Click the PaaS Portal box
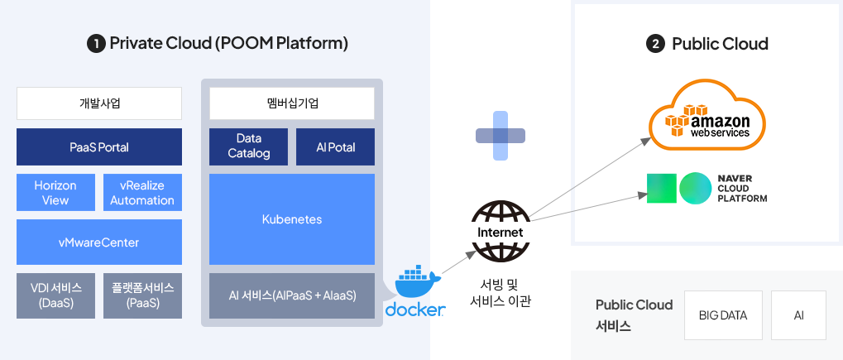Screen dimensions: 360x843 pos(99,147)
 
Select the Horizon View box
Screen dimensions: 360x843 pos(56,193)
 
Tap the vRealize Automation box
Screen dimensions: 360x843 pos(142,193)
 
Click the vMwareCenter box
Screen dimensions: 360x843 pos(99,242)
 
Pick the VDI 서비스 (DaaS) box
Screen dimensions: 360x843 pos(56,295)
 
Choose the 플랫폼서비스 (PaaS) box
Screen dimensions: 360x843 pos(142,295)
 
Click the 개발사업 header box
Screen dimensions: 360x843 pos(99,103)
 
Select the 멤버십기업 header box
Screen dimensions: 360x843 pos(292,103)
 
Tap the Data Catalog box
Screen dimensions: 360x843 pos(248,146)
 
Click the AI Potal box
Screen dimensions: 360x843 pos(336,146)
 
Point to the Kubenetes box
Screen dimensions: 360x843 pos(292,219)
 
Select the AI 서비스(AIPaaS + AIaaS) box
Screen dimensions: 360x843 pos(292,295)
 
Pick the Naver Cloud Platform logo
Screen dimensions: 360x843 pos(707,188)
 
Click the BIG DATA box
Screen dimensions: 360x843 pos(722,315)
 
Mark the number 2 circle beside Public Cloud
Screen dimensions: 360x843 pos(655,44)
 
